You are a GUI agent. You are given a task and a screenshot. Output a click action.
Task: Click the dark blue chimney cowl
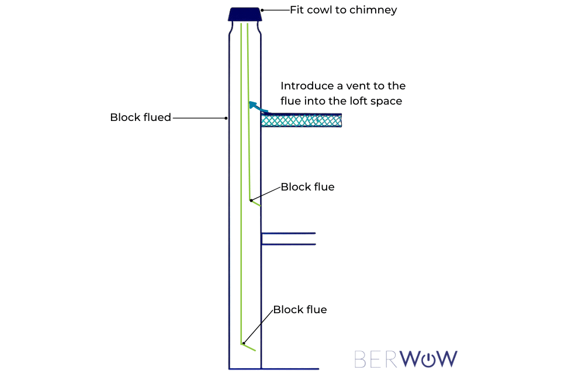[244, 14]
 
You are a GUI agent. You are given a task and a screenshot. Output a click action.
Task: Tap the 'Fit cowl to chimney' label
[344, 10]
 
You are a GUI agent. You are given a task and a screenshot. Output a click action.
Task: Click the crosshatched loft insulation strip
[301, 121]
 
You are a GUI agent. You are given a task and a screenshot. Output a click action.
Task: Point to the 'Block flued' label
[140, 117]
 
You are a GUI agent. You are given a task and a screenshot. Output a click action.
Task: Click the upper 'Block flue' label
[307, 187]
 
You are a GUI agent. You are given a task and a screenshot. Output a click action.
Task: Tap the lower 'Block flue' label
[300, 310]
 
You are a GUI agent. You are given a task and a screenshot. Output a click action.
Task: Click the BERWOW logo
[406, 359]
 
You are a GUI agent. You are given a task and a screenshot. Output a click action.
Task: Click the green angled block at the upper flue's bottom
[255, 203]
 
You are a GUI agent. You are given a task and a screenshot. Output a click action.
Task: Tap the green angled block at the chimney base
[248, 347]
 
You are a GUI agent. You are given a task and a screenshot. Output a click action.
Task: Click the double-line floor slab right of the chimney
[288, 238]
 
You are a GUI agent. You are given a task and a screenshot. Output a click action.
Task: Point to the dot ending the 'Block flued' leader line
[226, 118]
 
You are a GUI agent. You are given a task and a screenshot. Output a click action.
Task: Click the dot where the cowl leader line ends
[262, 10]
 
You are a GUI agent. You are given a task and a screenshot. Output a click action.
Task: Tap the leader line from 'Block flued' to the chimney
[199, 118]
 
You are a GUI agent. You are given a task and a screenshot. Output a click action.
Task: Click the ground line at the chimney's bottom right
[289, 369]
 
